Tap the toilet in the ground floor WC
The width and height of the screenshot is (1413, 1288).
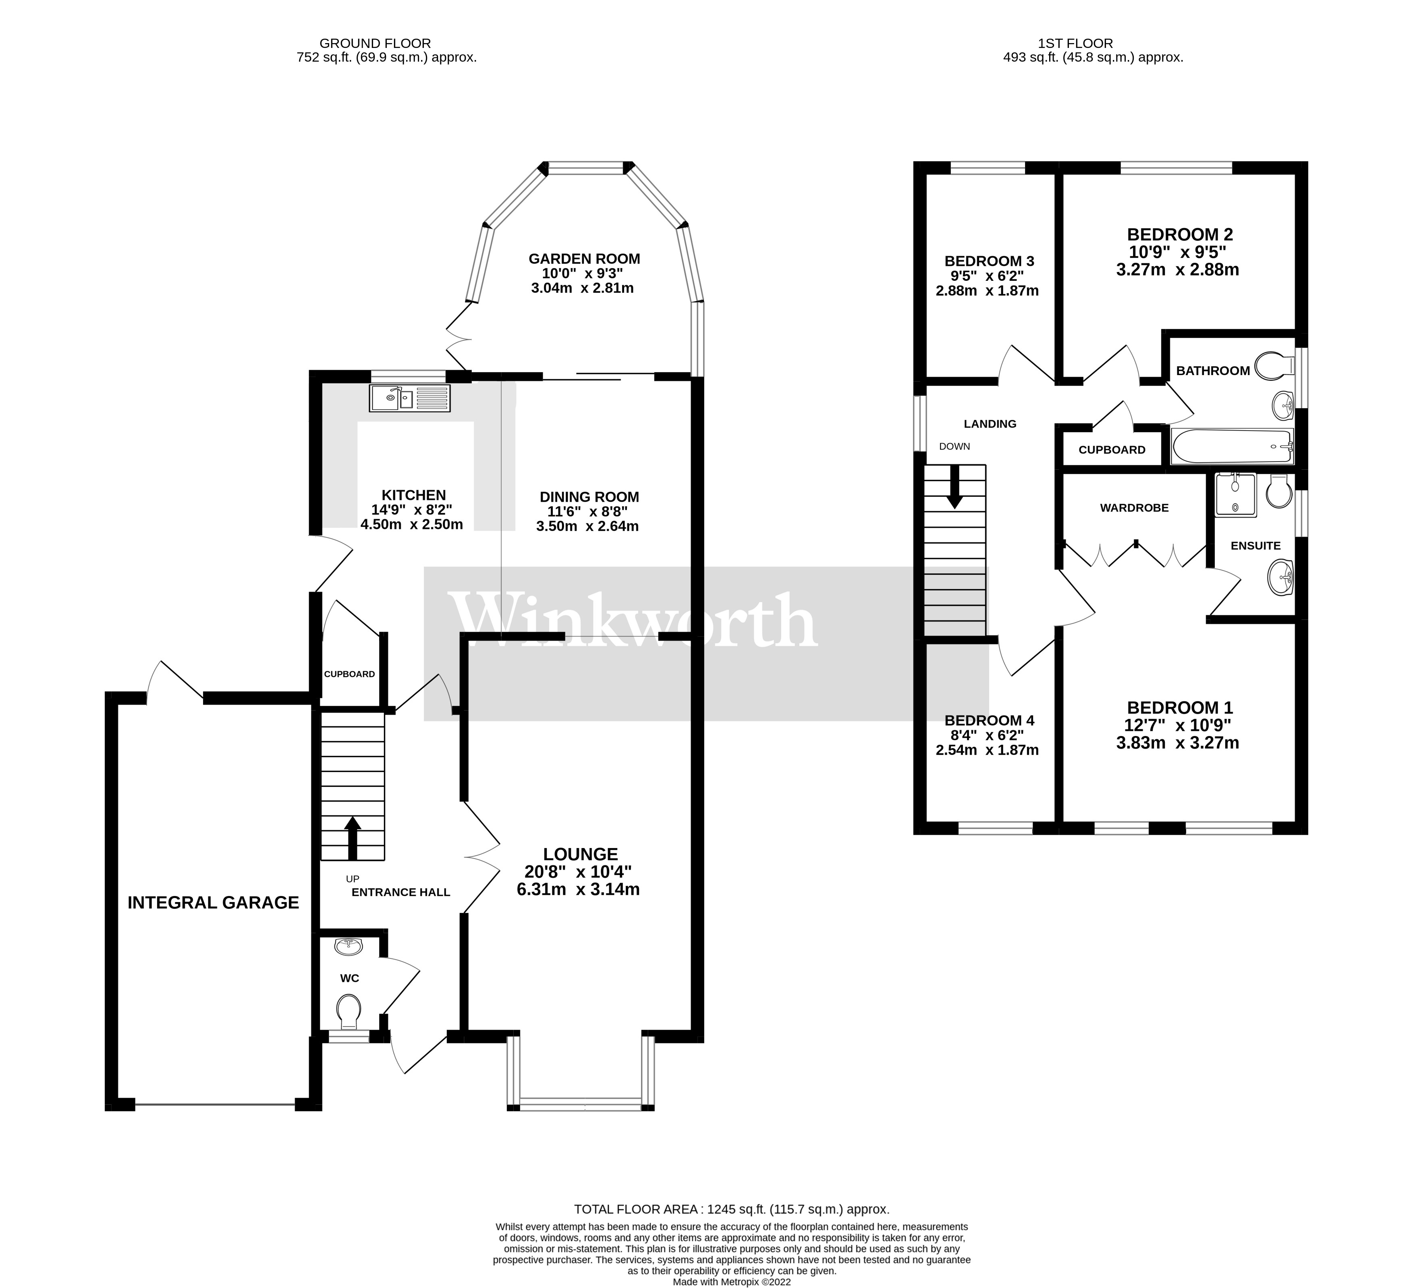point(349,1011)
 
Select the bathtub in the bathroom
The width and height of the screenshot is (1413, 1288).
point(1231,446)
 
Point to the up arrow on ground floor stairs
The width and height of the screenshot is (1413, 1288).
point(352,838)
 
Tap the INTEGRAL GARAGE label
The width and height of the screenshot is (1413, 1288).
point(213,902)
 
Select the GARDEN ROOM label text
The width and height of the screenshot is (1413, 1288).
point(584,259)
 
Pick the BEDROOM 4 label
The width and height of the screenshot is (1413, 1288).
point(989,720)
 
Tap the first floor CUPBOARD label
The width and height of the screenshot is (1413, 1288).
point(1112,450)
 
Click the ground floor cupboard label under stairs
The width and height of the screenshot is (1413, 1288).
point(349,674)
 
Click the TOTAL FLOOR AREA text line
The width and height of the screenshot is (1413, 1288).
point(731,1209)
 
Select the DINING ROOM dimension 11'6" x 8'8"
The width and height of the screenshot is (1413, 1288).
point(587,512)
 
